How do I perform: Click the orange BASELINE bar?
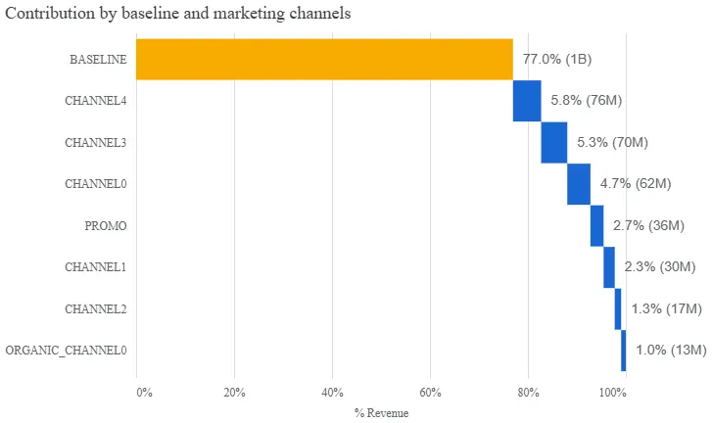pos(323,59)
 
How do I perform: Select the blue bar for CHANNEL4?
pos(527,101)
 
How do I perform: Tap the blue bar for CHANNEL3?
pos(553,142)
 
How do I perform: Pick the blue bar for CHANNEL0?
pos(578,184)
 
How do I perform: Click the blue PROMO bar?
pos(596,225)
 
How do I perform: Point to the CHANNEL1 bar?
pos(609,267)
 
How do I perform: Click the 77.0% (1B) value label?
pos(556,59)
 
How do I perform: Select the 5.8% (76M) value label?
pos(587,101)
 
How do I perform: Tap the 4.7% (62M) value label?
pos(635,184)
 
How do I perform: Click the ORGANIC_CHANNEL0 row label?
pos(66,351)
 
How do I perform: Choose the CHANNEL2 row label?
pos(95,308)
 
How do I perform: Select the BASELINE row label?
pos(98,59)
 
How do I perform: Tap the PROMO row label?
pos(106,225)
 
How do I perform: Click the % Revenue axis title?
pos(381,413)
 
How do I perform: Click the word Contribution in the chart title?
pos(47,14)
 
